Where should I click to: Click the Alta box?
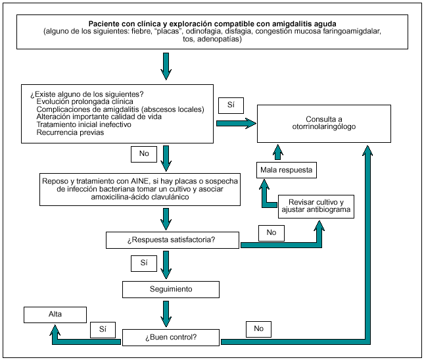point(55,314)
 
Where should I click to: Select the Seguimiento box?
point(171,289)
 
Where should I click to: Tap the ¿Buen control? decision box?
point(172,338)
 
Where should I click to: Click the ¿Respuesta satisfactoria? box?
point(172,240)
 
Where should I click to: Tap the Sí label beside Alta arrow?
point(103,328)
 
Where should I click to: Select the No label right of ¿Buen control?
point(258,328)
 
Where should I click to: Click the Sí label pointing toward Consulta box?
point(231,105)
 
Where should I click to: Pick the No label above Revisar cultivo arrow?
point(271,232)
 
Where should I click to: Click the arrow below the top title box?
point(167,65)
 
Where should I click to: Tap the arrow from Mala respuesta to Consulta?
point(278,152)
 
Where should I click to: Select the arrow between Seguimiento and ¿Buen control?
point(167,312)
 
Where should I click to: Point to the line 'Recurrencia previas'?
point(70,132)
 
